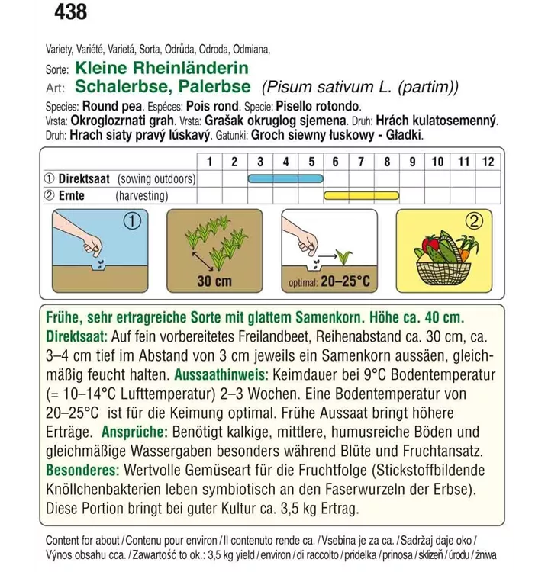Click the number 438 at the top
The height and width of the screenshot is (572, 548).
pos(69,12)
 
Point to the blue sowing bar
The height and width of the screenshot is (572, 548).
pos(285,178)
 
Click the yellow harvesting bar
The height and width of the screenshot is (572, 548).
pos(362,195)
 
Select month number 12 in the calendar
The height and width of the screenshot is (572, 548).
pos(488,161)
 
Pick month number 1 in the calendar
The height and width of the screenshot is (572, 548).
pos(209,161)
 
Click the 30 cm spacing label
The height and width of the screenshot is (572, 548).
pos(214,281)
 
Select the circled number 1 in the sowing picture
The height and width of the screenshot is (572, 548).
pos(132,222)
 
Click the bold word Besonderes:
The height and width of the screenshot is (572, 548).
pos(83,470)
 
